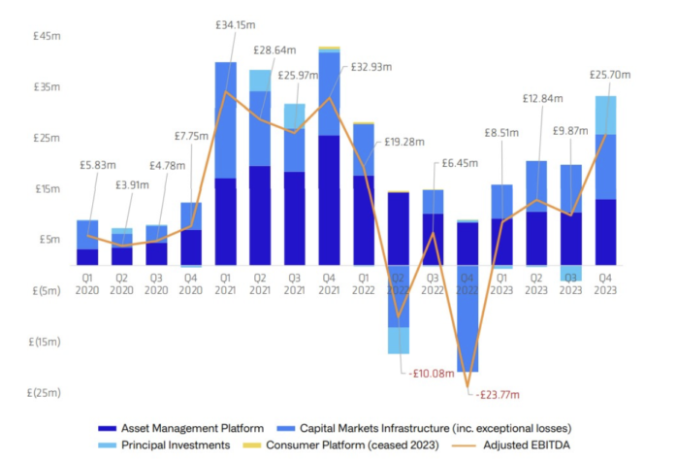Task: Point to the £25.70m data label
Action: click(x=610, y=74)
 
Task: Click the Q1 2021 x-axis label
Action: click(x=226, y=281)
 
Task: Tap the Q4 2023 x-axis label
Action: click(x=605, y=281)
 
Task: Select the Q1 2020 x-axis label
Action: click(x=87, y=281)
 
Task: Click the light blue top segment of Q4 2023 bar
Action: click(x=605, y=115)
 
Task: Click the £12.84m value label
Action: click(x=543, y=99)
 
